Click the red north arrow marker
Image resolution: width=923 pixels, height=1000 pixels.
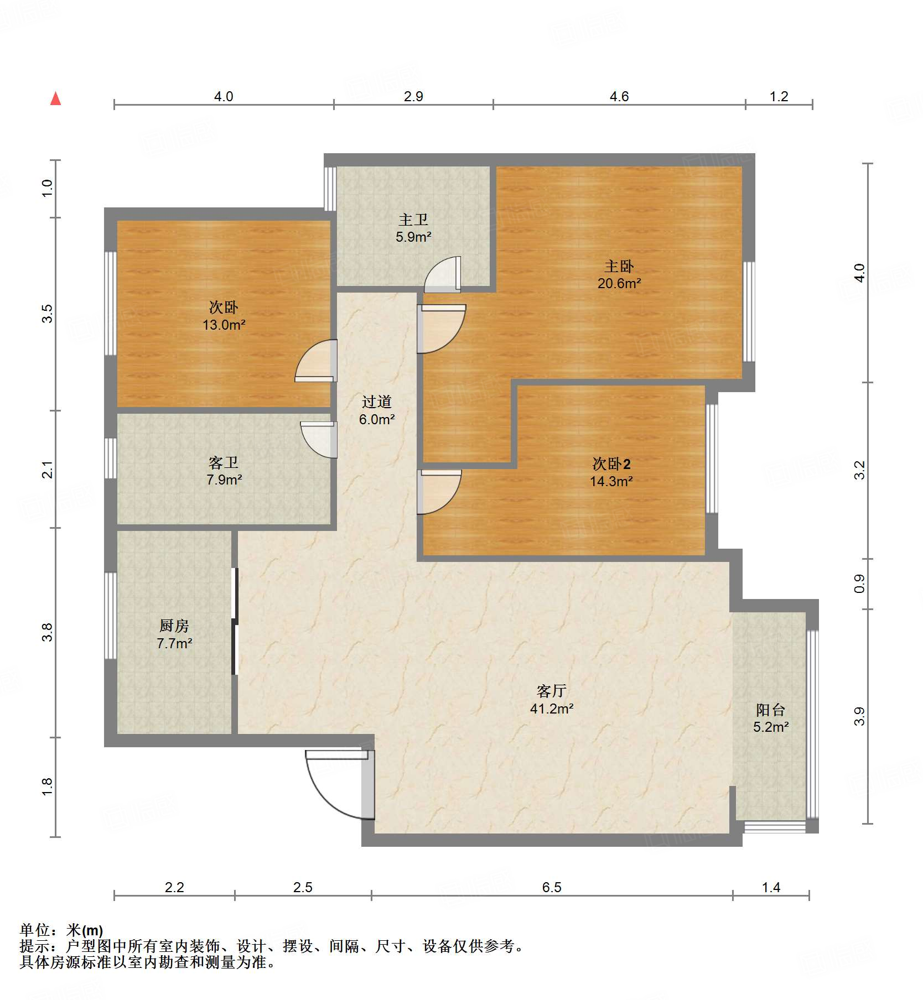pos(55,99)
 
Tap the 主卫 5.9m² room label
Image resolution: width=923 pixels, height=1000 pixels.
pos(413,228)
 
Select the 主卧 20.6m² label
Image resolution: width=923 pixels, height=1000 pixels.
pos(619,275)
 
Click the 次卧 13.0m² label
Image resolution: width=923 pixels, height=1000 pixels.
pos(224,316)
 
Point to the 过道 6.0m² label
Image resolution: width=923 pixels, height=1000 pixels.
pos(377,410)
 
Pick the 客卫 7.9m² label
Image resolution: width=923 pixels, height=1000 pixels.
pos(224,471)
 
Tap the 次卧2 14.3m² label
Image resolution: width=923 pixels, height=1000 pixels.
pos(611,472)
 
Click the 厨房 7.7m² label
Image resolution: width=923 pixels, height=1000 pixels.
pos(174,634)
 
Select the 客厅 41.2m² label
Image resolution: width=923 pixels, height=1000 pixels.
pos(551,700)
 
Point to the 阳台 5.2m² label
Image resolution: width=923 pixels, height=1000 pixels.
pos(770,718)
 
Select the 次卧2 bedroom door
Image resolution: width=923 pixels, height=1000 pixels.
pos(438,491)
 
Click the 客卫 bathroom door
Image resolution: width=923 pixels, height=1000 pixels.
pos(320,439)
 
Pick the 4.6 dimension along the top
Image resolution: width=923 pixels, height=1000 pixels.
pos(619,97)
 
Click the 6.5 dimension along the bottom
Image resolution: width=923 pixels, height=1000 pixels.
pos(551,887)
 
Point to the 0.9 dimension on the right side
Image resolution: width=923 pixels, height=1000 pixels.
pos(859,584)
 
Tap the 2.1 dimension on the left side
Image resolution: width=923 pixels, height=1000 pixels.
pos(48,469)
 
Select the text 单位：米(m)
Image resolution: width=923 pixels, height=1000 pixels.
pos(61,930)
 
